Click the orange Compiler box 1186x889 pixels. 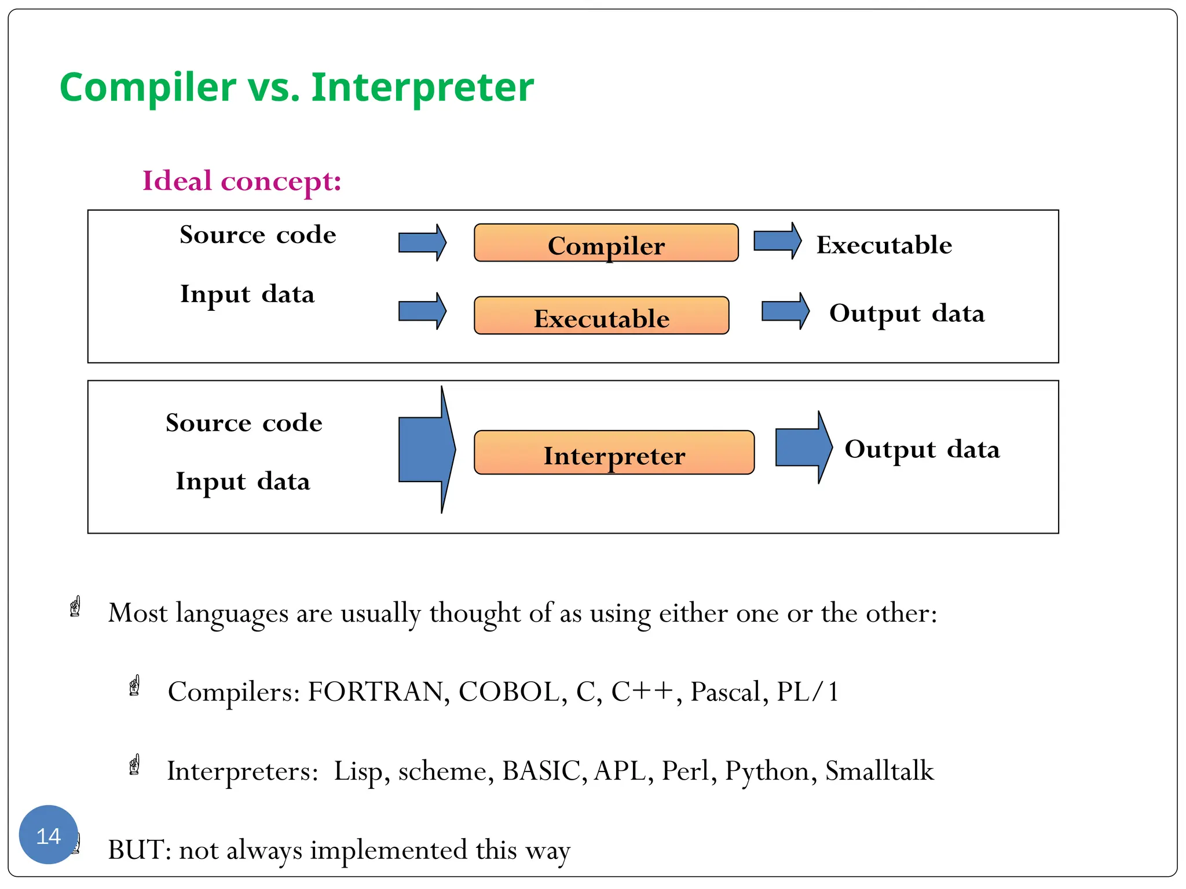click(606, 243)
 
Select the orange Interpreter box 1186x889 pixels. click(614, 453)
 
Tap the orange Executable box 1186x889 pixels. click(601, 316)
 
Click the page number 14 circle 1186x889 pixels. click(49, 835)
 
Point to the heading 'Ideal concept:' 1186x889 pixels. click(242, 181)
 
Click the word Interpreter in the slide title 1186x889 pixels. click(422, 87)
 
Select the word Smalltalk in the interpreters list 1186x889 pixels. click(879, 771)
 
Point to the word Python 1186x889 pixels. click(767, 771)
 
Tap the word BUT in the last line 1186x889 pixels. click(136, 850)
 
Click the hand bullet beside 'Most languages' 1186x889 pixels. click(75, 607)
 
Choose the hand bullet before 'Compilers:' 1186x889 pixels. click(135, 686)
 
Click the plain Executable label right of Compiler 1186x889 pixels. click(884, 245)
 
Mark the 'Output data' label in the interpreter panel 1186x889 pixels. click(922, 450)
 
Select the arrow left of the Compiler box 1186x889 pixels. click(422, 243)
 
